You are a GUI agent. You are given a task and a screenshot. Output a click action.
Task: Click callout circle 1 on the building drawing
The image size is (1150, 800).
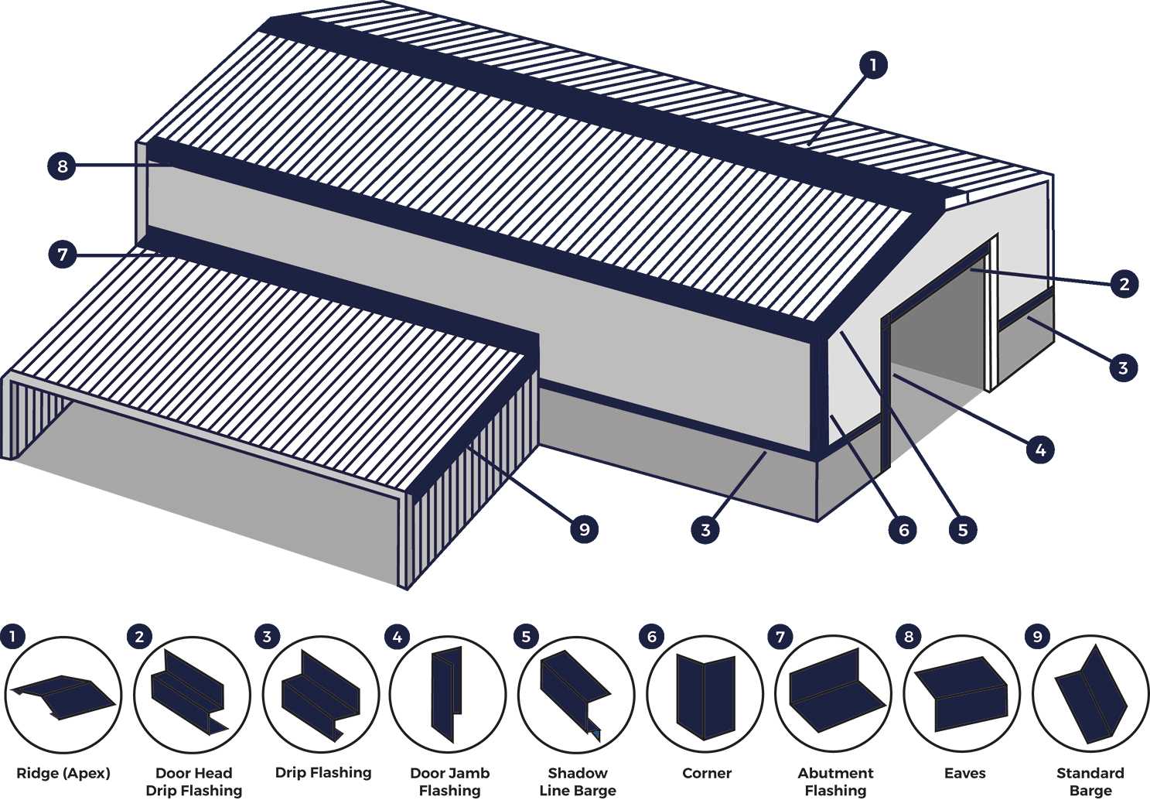click(872, 65)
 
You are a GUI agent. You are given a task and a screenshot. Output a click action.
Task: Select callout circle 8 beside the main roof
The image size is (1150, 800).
click(62, 166)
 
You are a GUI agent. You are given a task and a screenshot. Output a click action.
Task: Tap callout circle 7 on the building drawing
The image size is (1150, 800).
click(63, 254)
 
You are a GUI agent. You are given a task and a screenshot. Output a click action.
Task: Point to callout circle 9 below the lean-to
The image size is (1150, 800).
click(584, 529)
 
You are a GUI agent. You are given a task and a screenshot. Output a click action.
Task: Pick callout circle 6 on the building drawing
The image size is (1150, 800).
click(903, 530)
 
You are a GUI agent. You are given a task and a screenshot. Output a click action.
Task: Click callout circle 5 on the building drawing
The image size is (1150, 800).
click(963, 530)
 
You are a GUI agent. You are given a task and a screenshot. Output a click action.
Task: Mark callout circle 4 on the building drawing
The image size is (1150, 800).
click(1040, 450)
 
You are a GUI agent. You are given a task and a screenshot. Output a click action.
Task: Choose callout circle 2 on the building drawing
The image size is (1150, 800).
click(1124, 284)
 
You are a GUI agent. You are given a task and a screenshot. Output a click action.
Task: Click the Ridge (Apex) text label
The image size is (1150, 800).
click(63, 773)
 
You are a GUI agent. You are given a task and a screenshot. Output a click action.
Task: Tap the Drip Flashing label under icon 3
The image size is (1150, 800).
click(323, 772)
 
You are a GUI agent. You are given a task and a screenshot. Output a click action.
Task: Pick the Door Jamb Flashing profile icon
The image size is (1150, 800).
click(448, 693)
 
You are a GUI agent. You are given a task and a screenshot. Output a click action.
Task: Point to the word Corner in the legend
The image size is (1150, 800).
click(707, 773)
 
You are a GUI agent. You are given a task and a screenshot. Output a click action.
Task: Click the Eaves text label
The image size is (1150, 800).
click(964, 773)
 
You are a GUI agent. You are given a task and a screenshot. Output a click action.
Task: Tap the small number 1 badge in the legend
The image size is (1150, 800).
click(12, 637)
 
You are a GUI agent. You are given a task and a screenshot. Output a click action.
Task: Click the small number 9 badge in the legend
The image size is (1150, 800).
click(1037, 637)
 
